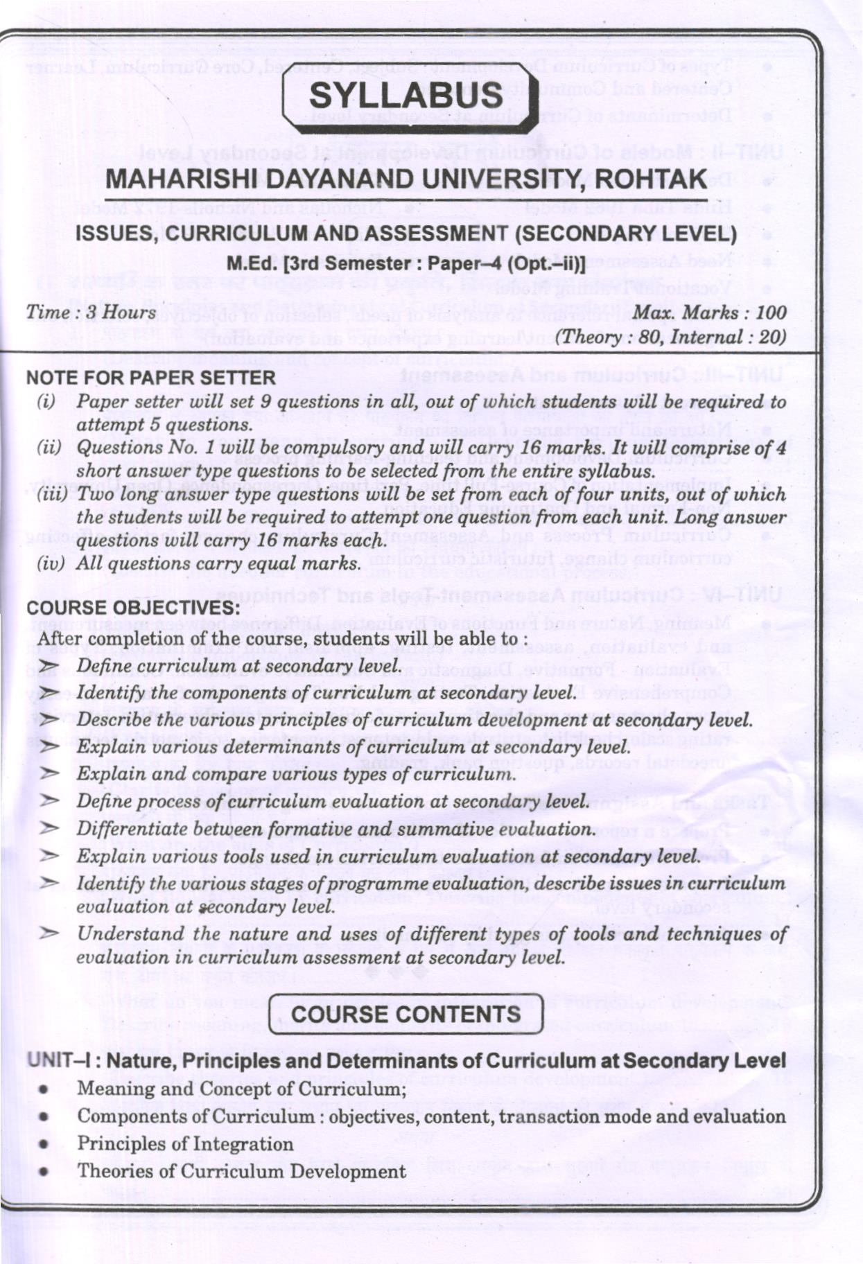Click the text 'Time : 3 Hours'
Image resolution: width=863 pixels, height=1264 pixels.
[91, 313]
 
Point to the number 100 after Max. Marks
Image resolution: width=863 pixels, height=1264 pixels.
[771, 313]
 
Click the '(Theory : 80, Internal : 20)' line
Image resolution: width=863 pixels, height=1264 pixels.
[671, 337]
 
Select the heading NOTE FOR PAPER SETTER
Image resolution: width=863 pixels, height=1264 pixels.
[150, 378]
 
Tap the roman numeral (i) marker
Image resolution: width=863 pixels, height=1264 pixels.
[46, 401]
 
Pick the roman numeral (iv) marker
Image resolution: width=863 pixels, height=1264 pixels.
[51, 563]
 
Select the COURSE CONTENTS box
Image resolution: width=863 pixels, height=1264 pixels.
[406, 1015]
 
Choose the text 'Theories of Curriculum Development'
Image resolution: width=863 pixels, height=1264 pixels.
[241, 1172]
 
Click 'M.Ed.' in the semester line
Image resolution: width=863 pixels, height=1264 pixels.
[250, 264]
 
